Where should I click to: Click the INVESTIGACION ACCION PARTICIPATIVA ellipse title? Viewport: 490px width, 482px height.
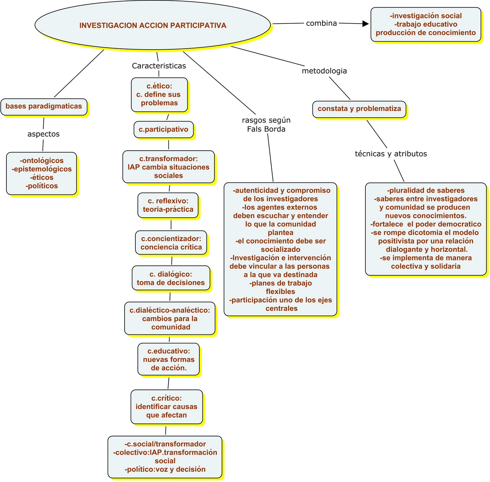[153, 25]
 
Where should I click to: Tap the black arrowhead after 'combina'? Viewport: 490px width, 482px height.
[365, 24]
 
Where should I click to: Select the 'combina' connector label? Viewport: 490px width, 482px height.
[321, 23]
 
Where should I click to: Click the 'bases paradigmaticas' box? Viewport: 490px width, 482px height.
[44, 106]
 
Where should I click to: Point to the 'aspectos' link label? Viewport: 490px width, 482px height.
[43, 134]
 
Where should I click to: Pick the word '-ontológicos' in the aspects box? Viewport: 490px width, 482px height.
[42, 160]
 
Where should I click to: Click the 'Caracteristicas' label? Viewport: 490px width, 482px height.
[159, 66]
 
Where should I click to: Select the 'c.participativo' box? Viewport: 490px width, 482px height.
[164, 129]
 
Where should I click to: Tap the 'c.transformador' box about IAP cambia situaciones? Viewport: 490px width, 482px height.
[168, 167]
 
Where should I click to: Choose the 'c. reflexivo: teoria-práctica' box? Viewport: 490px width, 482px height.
[168, 205]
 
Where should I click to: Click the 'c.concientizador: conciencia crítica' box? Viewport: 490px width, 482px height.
[171, 243]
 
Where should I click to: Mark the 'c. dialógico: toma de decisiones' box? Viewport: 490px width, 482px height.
[171, 278]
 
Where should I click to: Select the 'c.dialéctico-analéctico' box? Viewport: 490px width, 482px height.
[170, 318]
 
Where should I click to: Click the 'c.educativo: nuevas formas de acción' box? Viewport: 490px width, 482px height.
[169, 359]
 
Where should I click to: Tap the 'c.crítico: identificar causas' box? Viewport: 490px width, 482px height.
[167, 407]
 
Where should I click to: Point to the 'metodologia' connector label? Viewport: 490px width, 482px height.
[324, 71]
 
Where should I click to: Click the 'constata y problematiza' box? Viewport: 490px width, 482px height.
[359, 109]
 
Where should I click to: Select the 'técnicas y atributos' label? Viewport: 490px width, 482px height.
[391, 154]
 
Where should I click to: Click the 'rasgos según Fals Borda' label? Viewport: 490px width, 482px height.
[266, 125]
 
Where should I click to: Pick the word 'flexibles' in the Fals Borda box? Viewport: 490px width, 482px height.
[281, 292]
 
